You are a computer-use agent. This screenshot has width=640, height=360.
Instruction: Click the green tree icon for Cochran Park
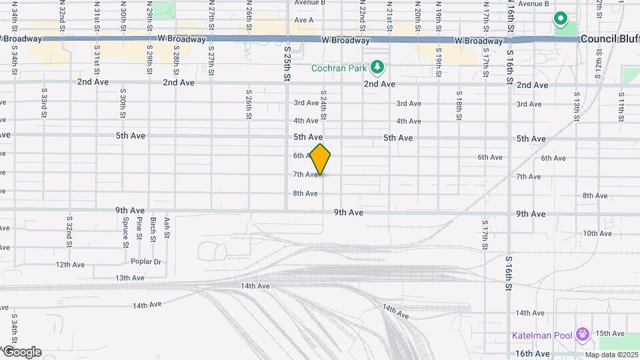377,67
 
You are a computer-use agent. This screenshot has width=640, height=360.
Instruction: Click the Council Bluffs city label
609,39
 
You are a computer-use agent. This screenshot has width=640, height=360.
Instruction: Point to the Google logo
21,352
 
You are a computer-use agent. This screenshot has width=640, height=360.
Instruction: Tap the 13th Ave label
129,278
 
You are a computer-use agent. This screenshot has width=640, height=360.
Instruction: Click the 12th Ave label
71,265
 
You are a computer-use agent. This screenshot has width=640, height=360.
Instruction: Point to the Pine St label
139,228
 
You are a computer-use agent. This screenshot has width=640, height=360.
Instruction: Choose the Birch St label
153,228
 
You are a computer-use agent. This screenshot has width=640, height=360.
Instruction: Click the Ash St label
167,228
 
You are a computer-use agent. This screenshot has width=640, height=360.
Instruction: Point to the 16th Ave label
531,353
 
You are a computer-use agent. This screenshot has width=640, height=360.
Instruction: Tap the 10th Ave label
597,233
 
